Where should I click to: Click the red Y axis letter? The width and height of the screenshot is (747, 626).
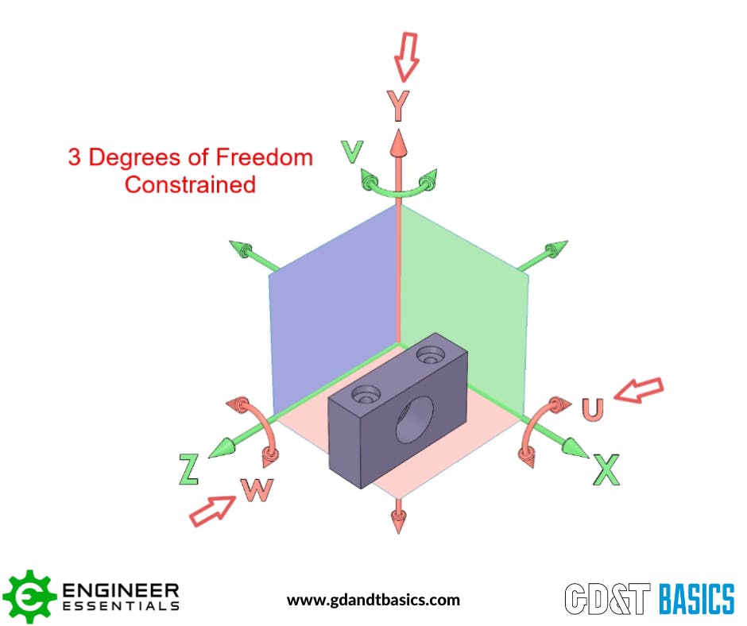click(398, 105)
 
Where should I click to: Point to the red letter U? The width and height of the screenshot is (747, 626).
click(592, 408)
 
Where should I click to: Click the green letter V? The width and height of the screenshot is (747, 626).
click(352, 150)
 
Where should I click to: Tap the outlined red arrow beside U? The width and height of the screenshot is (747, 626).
click(641, 389)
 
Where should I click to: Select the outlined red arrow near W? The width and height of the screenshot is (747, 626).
click(211, 509)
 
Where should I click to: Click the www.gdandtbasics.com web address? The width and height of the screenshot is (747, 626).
click(373, 600)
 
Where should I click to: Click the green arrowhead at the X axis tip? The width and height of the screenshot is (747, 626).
click(577, 449)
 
